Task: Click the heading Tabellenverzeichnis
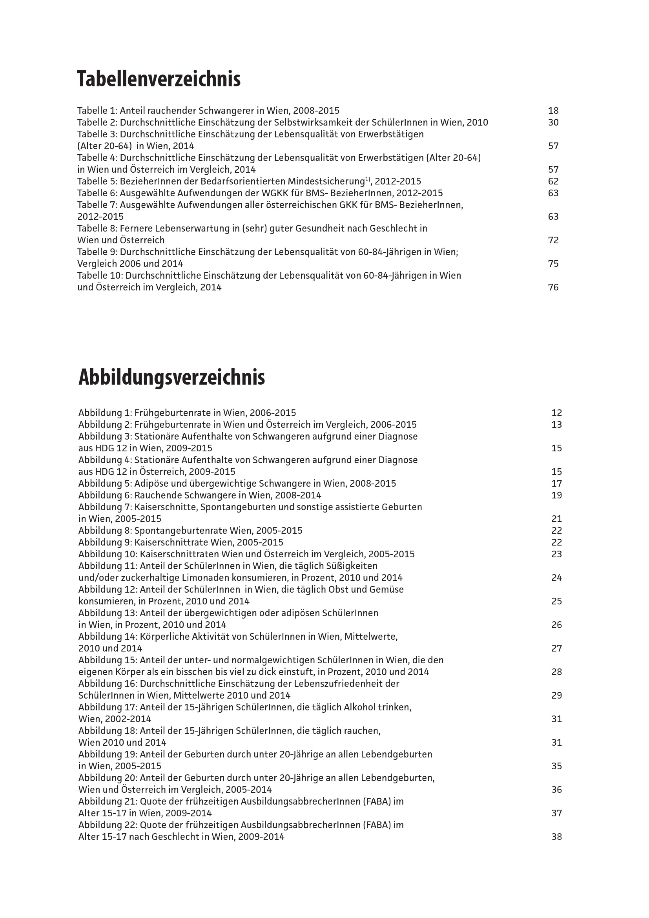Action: (159, 79)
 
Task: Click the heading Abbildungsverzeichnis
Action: (171, 377)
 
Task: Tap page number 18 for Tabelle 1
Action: (553, 111)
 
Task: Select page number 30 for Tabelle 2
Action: (553, 122)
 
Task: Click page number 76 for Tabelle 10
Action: (553, 287)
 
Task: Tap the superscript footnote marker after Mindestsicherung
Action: (368, 179)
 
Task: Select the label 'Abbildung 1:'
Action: (105, 413)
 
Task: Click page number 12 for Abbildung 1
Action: (556, 413)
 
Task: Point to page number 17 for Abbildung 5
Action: (556, 484)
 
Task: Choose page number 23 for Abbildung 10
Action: (556, 555)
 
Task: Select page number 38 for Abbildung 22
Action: (556, 837)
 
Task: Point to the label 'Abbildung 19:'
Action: (108, 754)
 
